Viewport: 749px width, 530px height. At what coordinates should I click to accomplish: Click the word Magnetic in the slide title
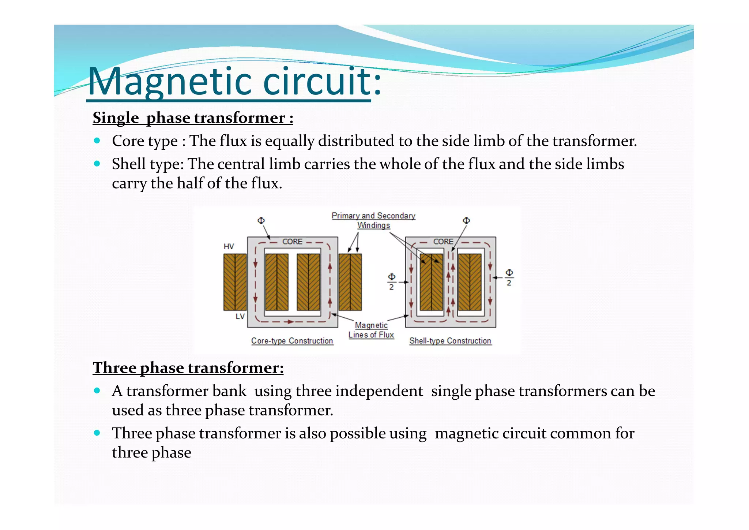click(172, 81)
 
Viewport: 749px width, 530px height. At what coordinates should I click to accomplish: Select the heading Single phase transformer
click(193, 118)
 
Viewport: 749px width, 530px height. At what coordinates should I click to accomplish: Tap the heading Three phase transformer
click(188, 368)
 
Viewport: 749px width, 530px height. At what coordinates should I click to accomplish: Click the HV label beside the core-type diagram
click(229, 246)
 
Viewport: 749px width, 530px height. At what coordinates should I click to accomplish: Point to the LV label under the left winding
click(240, 316)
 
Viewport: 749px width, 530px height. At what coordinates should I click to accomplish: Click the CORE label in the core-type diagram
click(292, 242)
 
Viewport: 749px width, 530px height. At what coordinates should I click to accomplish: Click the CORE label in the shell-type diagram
click(443, 242)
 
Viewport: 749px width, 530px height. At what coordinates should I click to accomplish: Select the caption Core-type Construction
click(292, 341)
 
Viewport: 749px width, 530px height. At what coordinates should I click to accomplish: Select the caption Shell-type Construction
click(450, 341)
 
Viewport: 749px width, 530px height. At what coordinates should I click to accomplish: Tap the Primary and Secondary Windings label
click(373, 220)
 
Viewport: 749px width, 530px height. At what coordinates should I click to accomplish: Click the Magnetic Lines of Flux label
click(371, 330)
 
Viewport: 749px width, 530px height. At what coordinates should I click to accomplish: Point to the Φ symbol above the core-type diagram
click(261, 220)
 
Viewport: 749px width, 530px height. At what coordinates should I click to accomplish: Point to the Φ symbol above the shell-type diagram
click(466, 220)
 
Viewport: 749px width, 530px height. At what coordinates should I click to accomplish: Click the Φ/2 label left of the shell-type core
click(391, 281)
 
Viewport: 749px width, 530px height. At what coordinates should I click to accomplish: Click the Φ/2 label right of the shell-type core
click(509, 277)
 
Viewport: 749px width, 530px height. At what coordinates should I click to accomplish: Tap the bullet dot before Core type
click(97, 141)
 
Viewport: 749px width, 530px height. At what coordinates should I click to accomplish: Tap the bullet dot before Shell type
click(97, 164)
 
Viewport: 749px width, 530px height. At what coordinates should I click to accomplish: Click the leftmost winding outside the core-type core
click(235, 282)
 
